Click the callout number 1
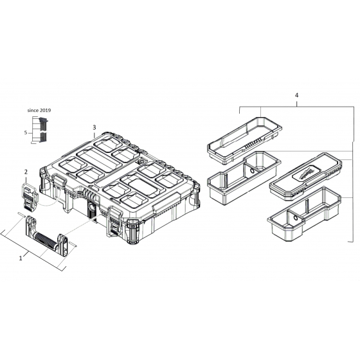click(21, 257)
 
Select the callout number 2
click(26, 172)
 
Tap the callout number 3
click(94, 127)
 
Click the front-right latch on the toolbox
click(116, 219)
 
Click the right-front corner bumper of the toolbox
click(133, 232)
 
